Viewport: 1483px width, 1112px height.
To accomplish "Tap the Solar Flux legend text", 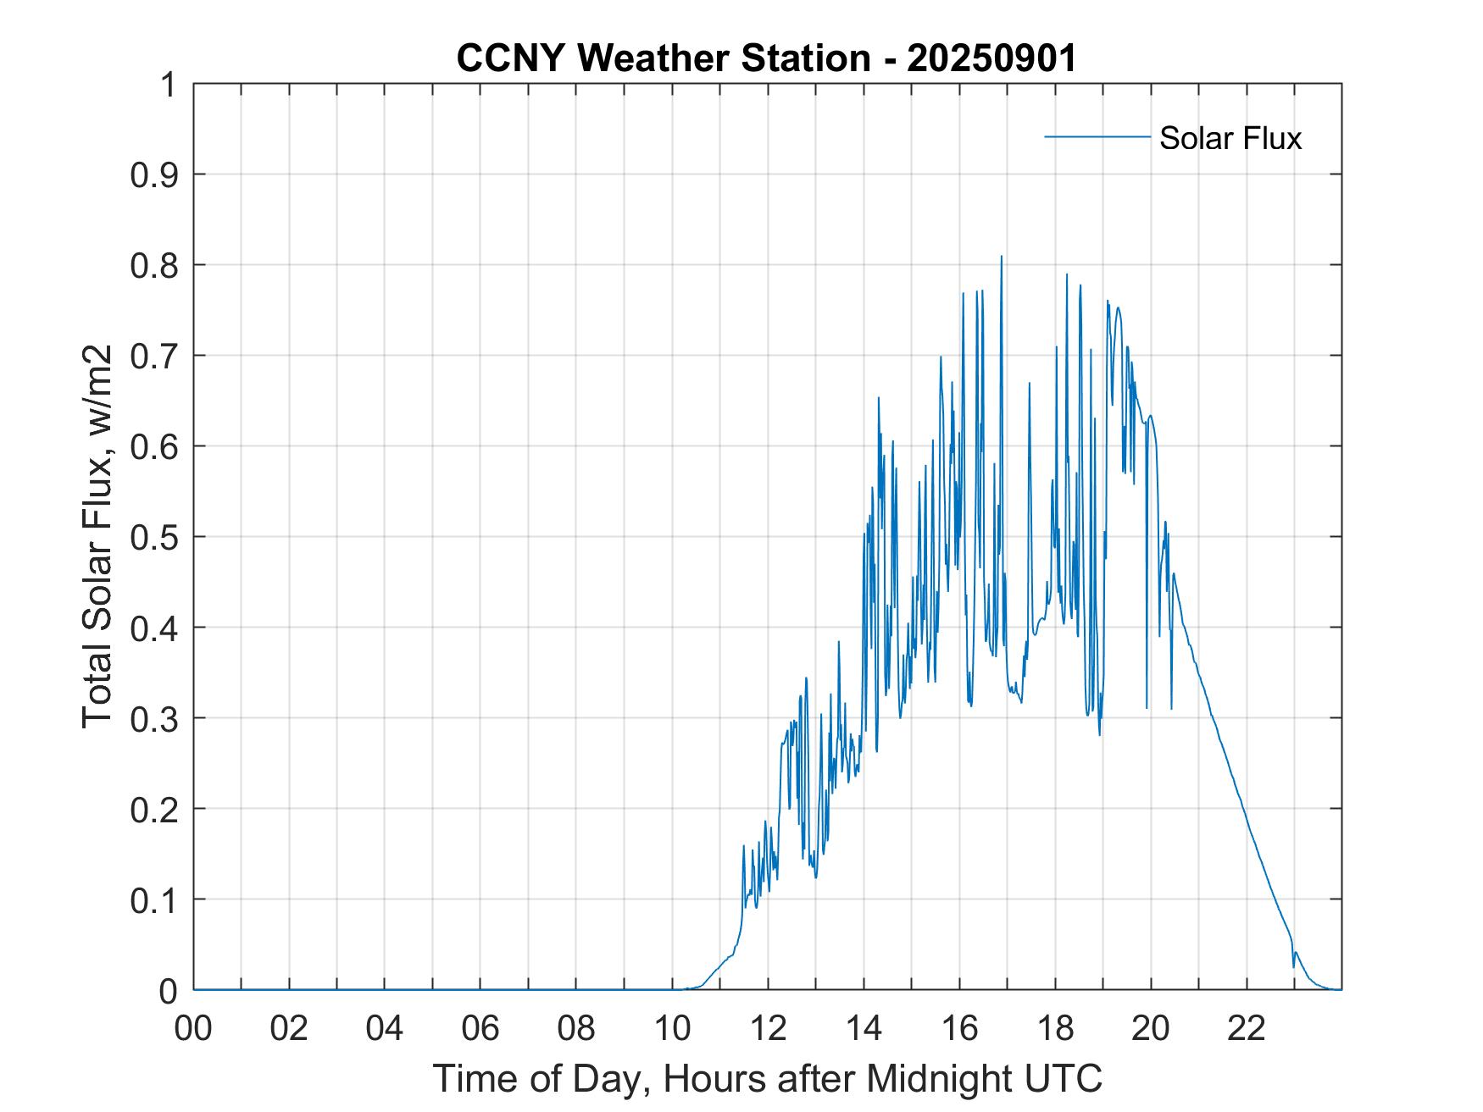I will point(1230,138).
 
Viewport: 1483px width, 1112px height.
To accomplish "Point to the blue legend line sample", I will point(1097,136).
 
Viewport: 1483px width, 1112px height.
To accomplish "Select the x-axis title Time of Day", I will point(767,1078).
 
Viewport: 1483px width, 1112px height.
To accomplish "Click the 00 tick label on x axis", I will point(193,1029).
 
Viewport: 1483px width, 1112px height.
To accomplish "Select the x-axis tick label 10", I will point(673,1029).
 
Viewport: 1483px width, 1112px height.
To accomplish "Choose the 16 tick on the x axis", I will point(960,1029).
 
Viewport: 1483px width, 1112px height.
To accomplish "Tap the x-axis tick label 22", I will point(1247,1029).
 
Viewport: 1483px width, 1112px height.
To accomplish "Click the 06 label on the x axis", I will point(480,1029).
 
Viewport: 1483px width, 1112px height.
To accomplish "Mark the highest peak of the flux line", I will point(1001,257).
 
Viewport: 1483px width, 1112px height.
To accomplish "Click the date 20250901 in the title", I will point(991,58).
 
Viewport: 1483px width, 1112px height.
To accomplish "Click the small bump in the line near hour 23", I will point(1296,954).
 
